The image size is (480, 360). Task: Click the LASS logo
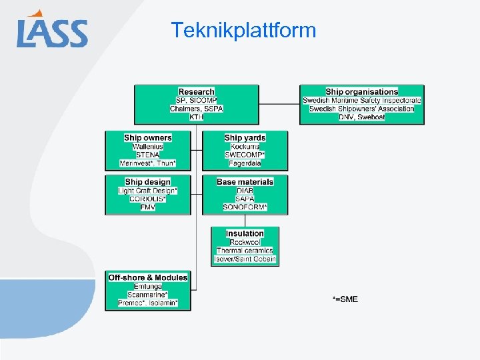[x=52, y=31]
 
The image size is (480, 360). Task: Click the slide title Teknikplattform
[x=243, y=30]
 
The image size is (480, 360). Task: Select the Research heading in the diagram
[x=197, y=92]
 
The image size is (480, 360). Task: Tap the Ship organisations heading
[x=362, y=92]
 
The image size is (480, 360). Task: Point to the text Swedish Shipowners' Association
[x=362, y=109]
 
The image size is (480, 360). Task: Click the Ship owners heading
[x=148, y=138]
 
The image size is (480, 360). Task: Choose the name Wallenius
[x=148, y=147]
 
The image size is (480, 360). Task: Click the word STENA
[x=148, y=155]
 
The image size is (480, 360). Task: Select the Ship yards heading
[x=245, y=138]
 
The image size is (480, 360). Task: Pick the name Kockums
[x=245, y=147]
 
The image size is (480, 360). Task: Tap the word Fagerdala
[x=245, y=163]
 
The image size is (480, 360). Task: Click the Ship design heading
[x=148, y=182]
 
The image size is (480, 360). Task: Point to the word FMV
[x=148, y=207]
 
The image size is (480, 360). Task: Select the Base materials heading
[x=245, y=182]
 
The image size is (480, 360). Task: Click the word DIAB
[x=245, y=191]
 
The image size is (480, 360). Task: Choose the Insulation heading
[x=245, y=234]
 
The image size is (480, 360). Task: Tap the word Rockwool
[x=245, y=243]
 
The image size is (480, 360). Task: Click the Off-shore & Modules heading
[x=148, y=277]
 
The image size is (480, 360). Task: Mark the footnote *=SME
[x=345, y=299]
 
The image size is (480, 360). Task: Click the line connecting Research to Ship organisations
[x=279, y=104]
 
